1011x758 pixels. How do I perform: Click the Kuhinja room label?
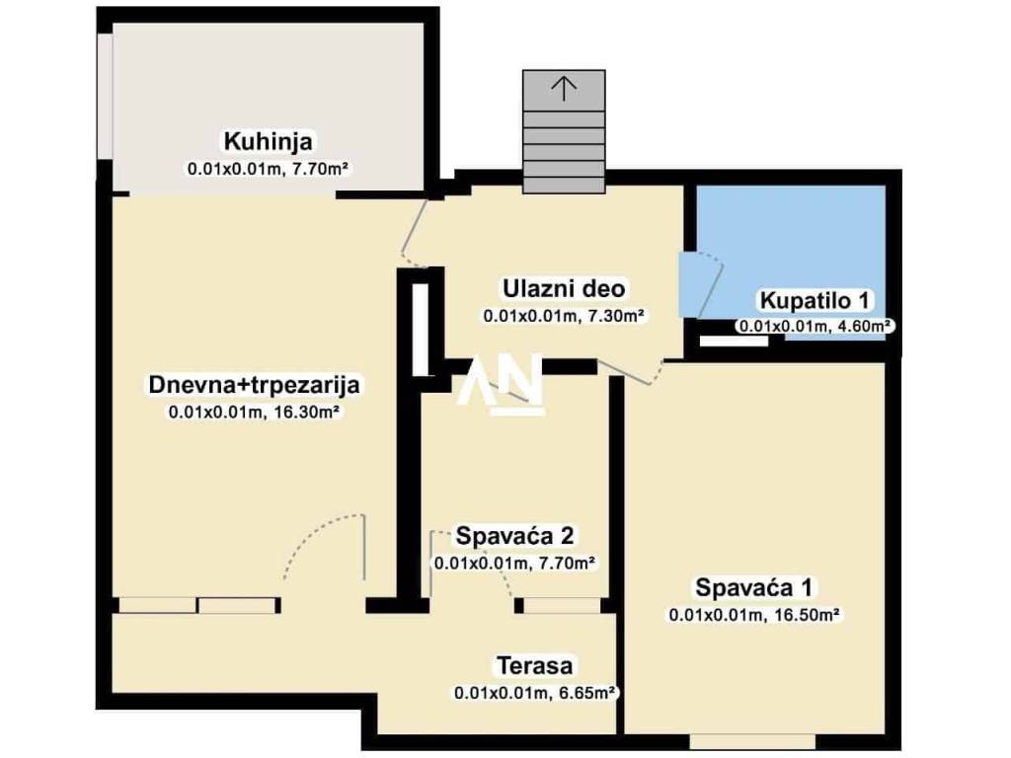pos(269,140)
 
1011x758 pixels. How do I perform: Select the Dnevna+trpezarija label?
pos(254,385)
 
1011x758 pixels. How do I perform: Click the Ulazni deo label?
pos(564,289)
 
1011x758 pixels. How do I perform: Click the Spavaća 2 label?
pos(514,535)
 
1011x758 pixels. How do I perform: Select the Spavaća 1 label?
pos(753,588)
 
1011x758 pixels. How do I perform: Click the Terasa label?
pos(534,666)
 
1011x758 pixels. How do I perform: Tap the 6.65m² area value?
pos(585,694)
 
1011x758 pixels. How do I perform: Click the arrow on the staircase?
pos(564,88)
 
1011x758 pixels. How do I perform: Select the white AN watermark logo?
pos(500,384)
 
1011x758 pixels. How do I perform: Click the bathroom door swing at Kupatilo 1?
pos(711,283)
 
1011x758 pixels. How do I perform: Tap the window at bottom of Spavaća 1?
pos(751,741)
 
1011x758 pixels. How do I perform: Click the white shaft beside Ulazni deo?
pos(420,329)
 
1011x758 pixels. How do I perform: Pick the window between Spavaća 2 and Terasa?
pos(562,606)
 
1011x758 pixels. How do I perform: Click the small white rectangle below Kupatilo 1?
pos(734,341)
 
